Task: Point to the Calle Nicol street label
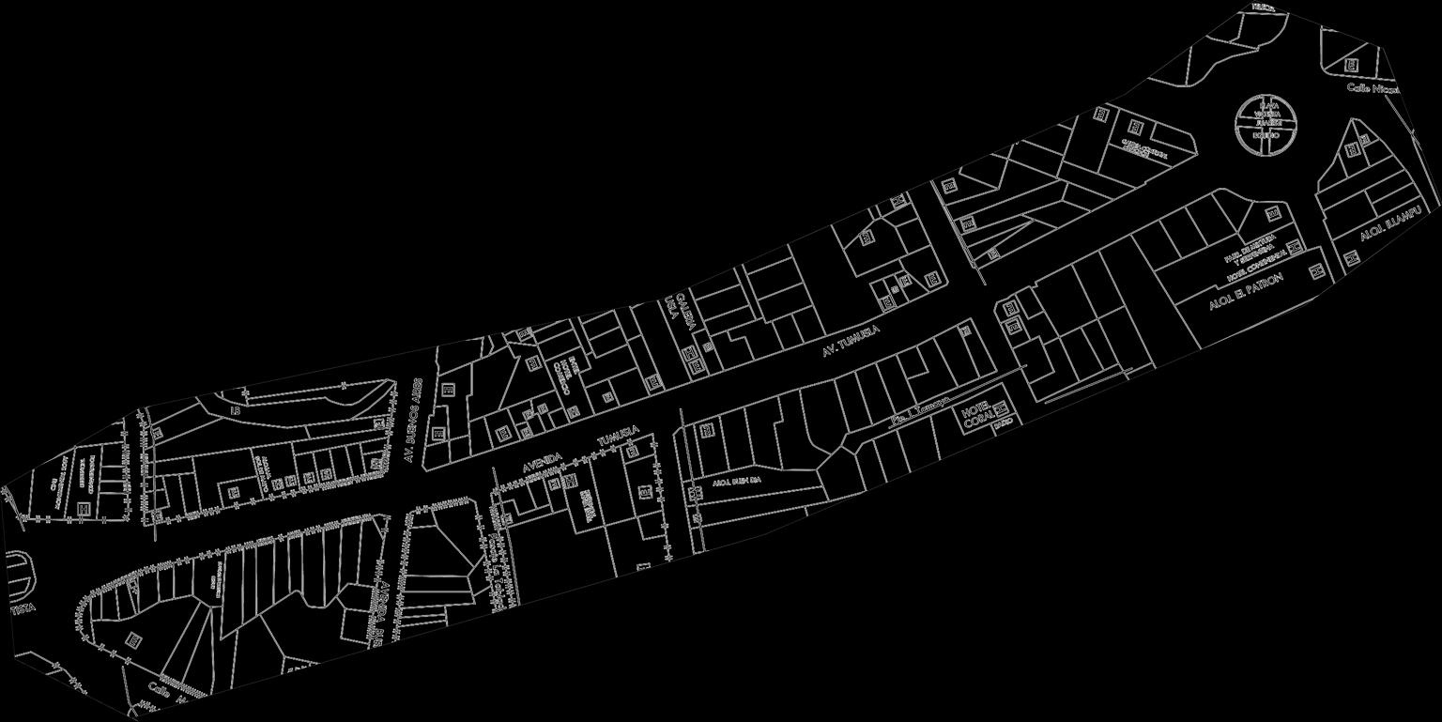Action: [1373, 88]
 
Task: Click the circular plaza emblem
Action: [1267, 125]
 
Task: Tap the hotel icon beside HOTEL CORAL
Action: [1002, 408]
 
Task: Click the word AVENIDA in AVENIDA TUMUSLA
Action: [542, 462]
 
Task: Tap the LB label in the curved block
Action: [237, 410]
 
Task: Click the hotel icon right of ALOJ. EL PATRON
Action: [1317, 271]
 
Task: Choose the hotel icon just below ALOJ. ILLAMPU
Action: [1354, 257]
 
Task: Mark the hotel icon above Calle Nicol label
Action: [1350, 65]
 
